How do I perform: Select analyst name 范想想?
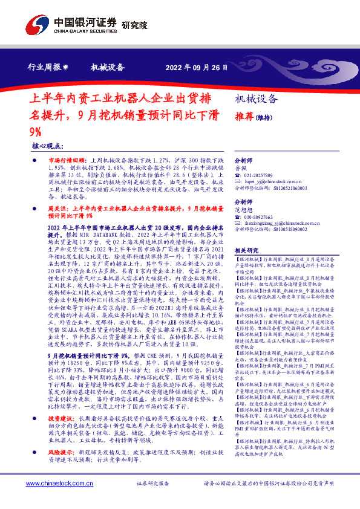pos(243,209)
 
